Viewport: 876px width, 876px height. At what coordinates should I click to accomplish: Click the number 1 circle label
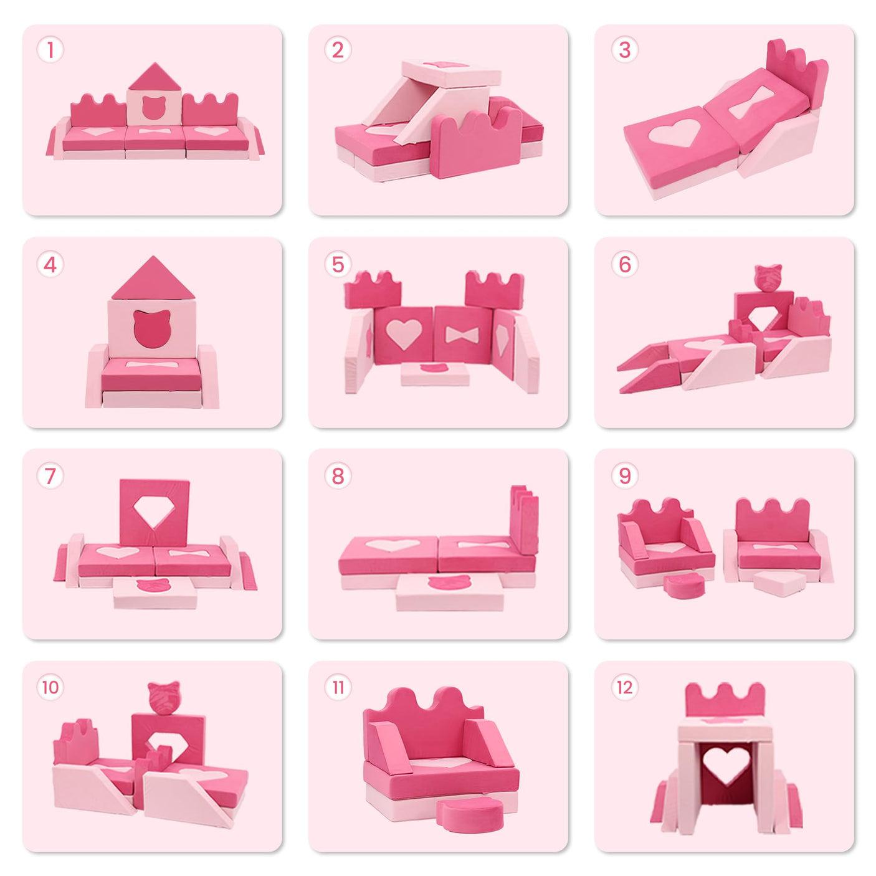click(50, 50)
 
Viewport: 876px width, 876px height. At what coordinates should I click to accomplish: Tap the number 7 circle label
click(50, 476)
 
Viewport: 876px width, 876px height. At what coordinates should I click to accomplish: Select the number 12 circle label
click(624, 687)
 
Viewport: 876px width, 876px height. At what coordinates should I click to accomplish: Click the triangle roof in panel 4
click(153, 280)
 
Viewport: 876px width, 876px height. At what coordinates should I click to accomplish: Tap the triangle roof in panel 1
click(154, 78)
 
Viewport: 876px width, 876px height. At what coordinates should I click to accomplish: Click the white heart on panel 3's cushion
click(673, 133)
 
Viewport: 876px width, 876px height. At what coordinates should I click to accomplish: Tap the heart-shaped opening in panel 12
click(725, 764)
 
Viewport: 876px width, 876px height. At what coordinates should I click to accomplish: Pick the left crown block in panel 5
click(373, 290)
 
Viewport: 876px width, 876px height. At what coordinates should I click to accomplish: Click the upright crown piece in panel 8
click(524, 520)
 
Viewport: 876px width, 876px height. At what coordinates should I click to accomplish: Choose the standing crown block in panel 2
click(476, 144)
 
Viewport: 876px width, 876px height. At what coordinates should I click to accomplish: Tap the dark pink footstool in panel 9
click(683, 586)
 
